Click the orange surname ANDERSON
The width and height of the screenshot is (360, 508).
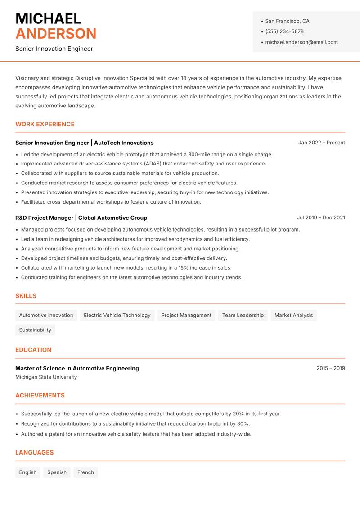(x=56, y=34)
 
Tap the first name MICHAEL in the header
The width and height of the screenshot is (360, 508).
(x=48, y=18)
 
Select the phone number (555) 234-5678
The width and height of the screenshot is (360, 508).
(x=284, y=31)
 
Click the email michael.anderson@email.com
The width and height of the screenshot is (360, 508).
(x=301, y=42)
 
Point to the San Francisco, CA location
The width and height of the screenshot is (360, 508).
(x=287, y=21)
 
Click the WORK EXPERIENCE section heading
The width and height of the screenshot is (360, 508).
(x=45, y=124)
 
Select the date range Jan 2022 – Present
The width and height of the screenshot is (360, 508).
(x=321, y=143)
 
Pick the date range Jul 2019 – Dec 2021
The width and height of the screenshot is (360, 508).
(x=321, y=218)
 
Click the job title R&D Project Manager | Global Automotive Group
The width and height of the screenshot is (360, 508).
(x=81, y=218)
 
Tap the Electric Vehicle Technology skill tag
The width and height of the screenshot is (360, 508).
(x=117, y=315)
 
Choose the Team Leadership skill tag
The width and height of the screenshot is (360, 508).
(x=243, y=315)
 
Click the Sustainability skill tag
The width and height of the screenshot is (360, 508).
(x=35, y=330)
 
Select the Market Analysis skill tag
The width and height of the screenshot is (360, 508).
(x=293, y=315)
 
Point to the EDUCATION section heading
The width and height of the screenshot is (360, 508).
(x=33, y=350)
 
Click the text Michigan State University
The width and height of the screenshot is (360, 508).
(x=46, y=377)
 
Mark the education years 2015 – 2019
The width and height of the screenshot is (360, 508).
(x=330, y=368)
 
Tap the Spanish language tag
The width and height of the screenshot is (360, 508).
(x=57, y=472)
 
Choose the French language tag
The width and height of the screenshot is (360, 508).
(x=85, y=472)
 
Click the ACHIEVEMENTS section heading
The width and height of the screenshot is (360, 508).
(x=40, y=396)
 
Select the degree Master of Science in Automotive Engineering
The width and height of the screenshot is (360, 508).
(x=77, y=368)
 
